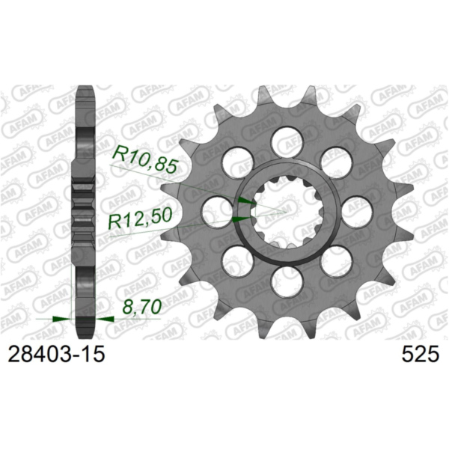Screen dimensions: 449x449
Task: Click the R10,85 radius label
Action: click(144, 157)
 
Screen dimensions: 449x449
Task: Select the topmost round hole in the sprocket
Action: click(285, 140)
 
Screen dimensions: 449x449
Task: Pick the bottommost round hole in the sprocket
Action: click(285, 282)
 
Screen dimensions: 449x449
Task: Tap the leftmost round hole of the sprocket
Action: click(215, 212)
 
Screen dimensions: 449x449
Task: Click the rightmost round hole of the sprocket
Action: click(356, 212)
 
